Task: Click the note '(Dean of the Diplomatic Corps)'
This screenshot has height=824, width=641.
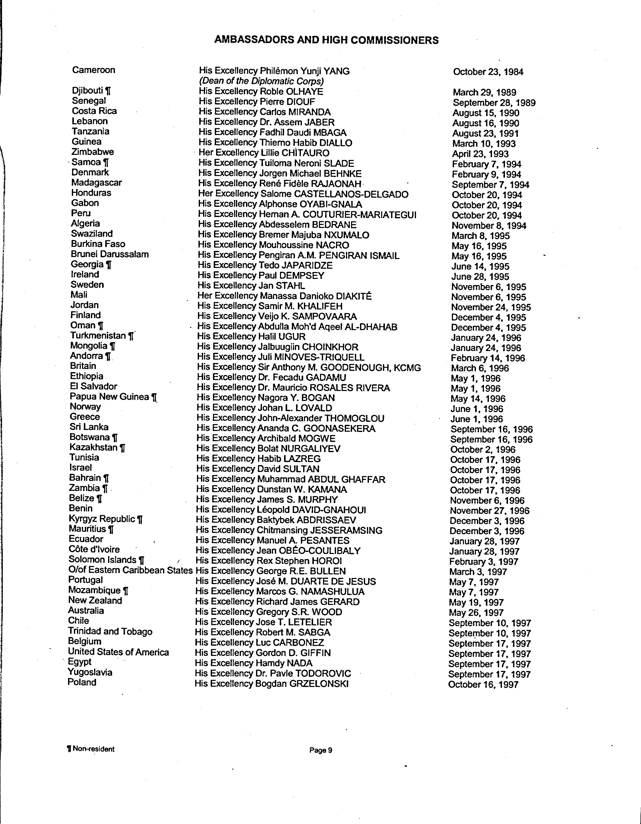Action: (x=261, y=81)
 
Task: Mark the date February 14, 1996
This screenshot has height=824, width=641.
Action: (x=488, y=358)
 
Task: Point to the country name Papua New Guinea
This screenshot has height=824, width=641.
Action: (x=109, y=397)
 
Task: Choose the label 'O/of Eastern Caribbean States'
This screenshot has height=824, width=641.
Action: (x=130, y=570)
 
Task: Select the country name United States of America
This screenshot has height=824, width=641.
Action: (x=118, y=652)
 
